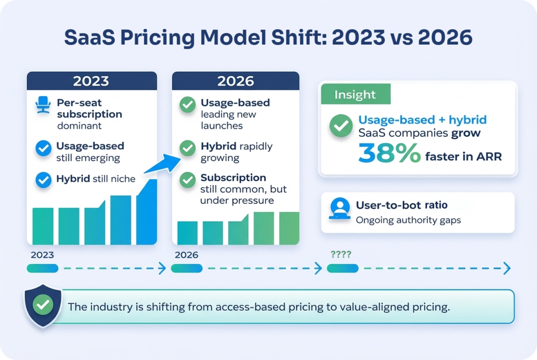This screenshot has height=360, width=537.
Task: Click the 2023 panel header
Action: (x=92, y=81)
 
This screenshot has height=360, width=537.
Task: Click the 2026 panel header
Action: (x=235, y=81)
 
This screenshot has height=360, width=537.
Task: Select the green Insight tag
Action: (x=355, y=94)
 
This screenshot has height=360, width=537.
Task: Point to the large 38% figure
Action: (x=390, y=153)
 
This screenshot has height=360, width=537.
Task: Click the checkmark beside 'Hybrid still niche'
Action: (x=42, y=179)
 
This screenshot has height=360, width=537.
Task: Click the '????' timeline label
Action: (x=341, y=255)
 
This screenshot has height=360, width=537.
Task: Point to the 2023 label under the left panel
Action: (x=42, y=255)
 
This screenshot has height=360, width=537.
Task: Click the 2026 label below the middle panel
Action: (x=187, y=255)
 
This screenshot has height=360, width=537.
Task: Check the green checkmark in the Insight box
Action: (x=340, y=126)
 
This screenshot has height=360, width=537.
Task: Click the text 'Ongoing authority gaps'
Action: (x=408, y=220)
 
